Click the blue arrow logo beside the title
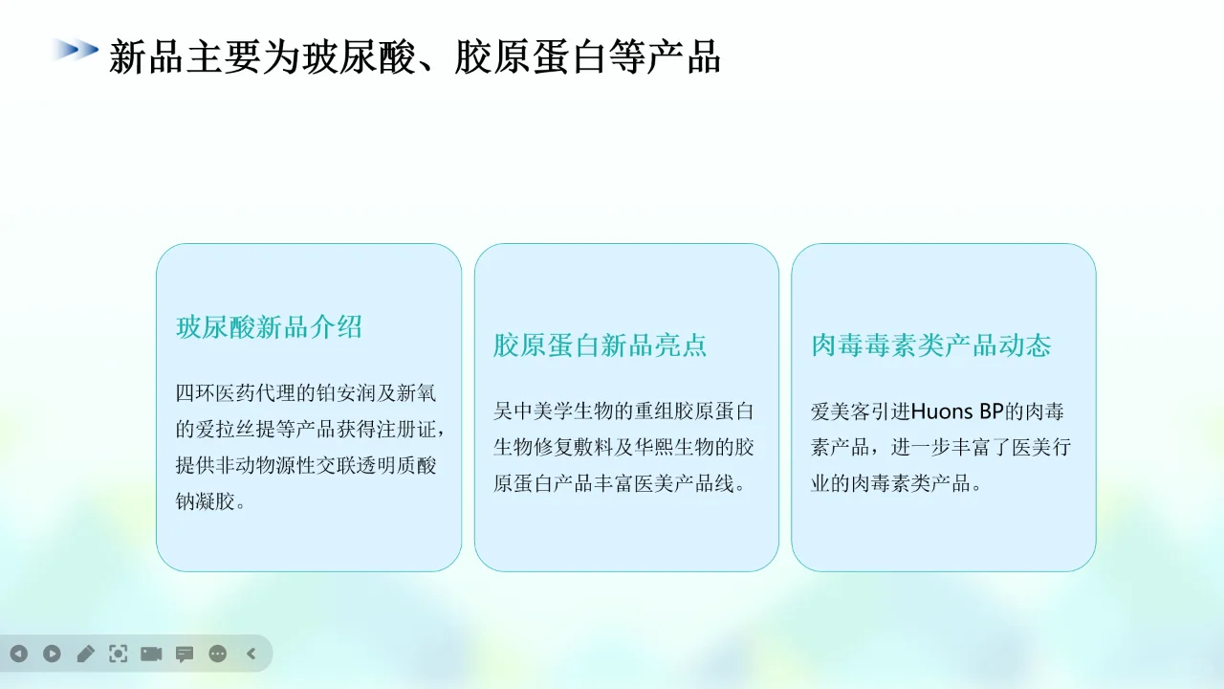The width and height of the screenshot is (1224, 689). tap(76, 50)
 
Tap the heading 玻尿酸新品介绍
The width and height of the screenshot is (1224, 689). tap(269, 327)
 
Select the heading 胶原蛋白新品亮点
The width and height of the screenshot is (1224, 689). tap(600, 345)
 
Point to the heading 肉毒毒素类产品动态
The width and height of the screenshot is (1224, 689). tap(930, 345)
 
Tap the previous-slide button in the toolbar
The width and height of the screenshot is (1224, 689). tap(19, 654)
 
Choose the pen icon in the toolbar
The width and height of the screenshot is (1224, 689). tap(85, 654)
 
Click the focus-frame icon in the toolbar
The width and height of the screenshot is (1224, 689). tap(118, 654)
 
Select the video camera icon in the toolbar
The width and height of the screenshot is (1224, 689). tap(151, 654)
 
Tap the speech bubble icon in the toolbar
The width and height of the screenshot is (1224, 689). tap(185, 655)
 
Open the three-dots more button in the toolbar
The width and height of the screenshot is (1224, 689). tap(218, 654)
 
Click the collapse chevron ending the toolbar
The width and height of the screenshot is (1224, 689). tap(251, 654)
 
